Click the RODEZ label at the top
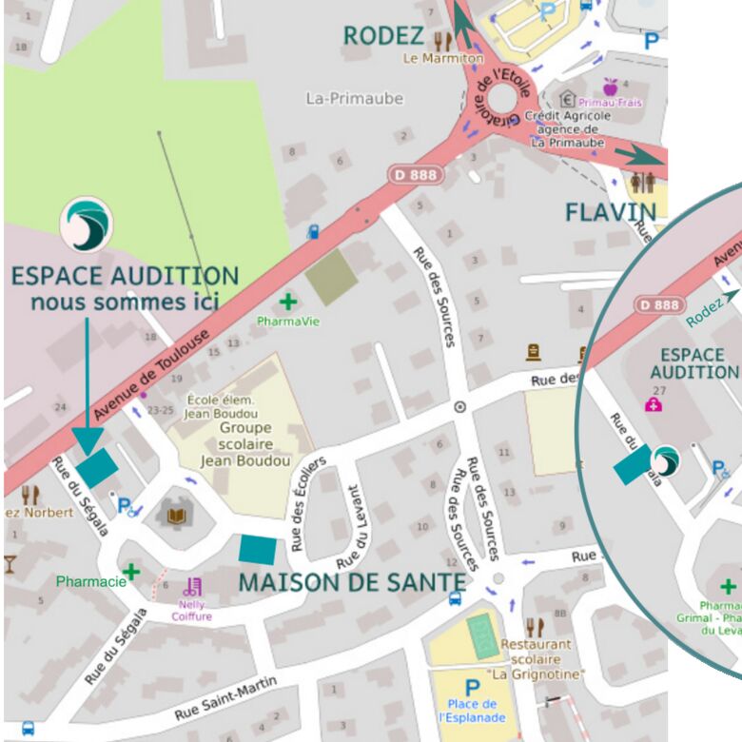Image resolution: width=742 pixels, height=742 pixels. (x=382, y=36)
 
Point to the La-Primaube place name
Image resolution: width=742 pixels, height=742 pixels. (x=354, y=98)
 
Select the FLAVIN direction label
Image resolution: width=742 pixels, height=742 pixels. (x=611, y=211)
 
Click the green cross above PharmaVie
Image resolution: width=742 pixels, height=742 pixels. (x=287, y=303)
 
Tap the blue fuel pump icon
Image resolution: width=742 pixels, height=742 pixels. (x=313, y=231)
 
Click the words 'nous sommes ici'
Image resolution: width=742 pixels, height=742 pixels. (x=125, y=303)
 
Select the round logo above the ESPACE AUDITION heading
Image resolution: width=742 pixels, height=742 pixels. (x=86, y=225)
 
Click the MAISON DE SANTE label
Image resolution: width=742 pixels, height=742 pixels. (x=352, y=581)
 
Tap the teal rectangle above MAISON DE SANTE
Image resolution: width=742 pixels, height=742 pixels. (x=258, y=549)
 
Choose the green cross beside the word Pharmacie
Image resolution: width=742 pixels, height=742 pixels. (x=130, y=571)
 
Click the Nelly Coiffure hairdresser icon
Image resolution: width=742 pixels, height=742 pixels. (x=194, y=587)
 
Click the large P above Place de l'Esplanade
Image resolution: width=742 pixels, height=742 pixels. (x=472, y=687)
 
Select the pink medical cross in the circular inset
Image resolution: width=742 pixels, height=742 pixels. (x=654, y=404)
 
